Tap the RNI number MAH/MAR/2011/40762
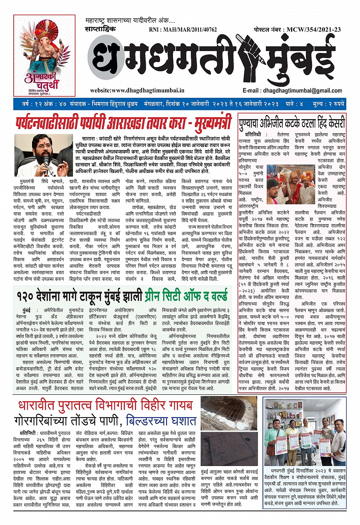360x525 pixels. (182, 29)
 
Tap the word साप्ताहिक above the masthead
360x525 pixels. (100, 29)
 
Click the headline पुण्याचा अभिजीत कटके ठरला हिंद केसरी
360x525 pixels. (292, 123)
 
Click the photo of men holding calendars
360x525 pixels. (305, 432)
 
